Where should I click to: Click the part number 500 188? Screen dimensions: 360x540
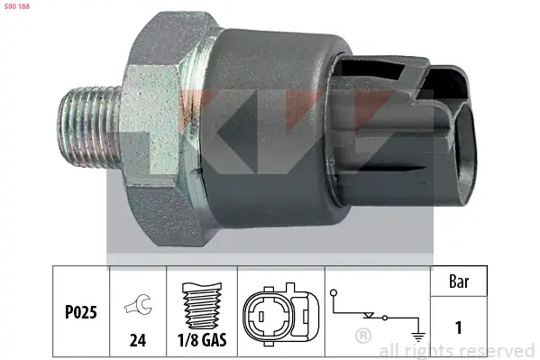pos(17,6)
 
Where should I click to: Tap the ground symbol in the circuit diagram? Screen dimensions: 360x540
pos(417,331)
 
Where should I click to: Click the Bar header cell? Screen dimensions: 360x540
pos(460,282)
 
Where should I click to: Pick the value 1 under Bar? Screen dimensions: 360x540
pos(460,327)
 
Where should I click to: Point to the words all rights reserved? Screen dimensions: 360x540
pos(457,350)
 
